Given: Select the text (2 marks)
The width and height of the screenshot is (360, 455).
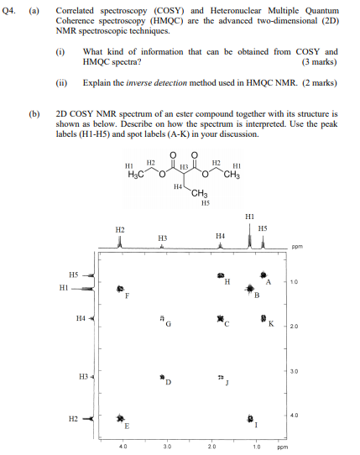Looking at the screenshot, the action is click(318, 83).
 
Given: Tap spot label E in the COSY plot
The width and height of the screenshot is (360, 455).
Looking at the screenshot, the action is click(127, 426).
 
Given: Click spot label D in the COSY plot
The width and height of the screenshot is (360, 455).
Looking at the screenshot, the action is click(168, 384).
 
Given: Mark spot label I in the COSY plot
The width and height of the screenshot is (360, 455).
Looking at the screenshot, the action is click(256, 426).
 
